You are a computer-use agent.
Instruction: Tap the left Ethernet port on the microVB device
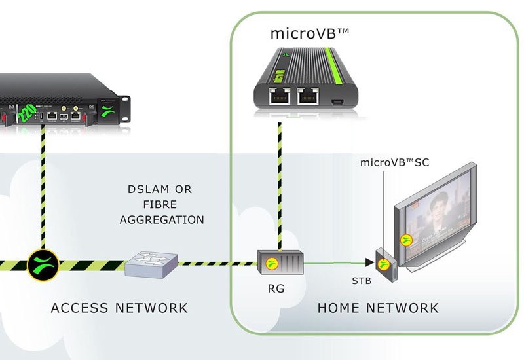click(280, 97)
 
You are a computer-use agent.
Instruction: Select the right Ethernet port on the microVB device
click(309, 97)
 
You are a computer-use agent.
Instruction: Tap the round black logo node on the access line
click(43, 265)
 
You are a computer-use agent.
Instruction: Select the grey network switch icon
click(151, 264)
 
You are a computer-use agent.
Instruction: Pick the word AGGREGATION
click(162, 220)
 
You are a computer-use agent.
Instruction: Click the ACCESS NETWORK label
click(119, 308)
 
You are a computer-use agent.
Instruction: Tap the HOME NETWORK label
click(378, 308)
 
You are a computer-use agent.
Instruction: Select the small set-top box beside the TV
click(385, 264)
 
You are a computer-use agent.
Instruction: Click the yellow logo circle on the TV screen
click(406, 240)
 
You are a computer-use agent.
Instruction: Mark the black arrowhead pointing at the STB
click(370, 263)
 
